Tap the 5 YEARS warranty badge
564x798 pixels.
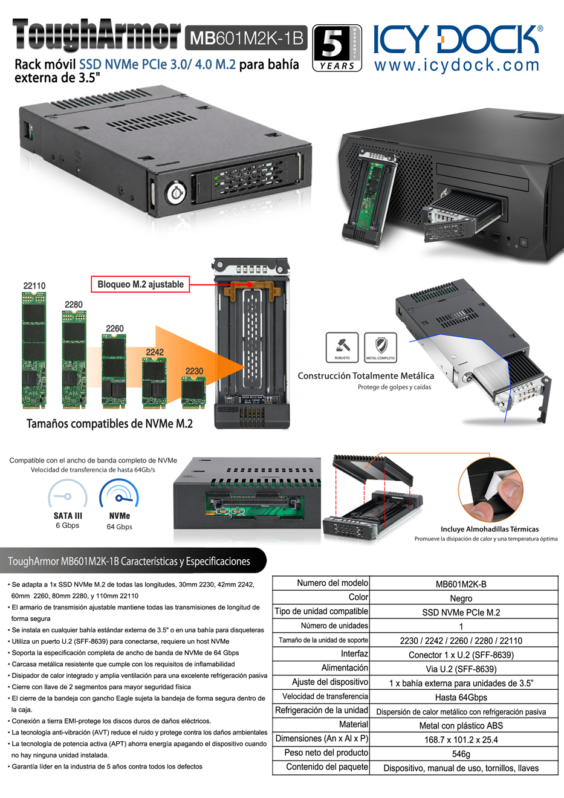[337, 48]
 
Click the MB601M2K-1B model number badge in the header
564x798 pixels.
[246, 37]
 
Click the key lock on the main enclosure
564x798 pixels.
[175, 193]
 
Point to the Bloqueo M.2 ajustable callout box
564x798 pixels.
[140, 284]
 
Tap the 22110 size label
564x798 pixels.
[34, 286]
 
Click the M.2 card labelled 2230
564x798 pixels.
[193, 393]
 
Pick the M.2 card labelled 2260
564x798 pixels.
[114, 371]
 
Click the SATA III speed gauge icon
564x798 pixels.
[67, 494]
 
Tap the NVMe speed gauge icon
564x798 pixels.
[119, 494]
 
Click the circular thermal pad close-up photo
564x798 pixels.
[491, 490]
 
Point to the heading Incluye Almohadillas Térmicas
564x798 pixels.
[490, 529]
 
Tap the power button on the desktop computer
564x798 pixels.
[523, 242]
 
